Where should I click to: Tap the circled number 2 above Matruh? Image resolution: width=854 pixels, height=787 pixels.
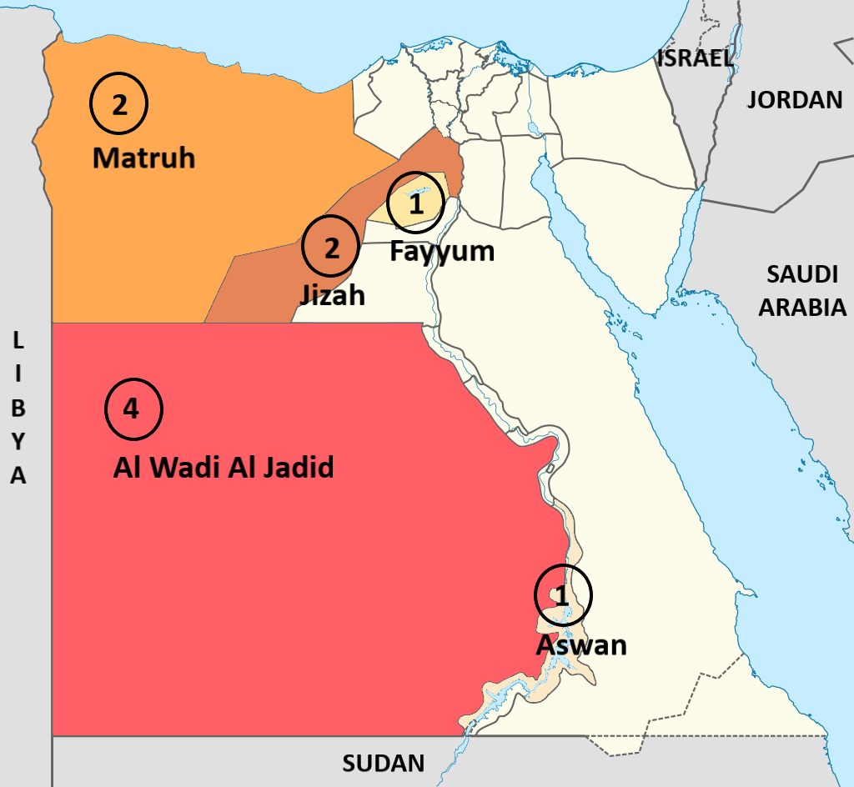[118, 105]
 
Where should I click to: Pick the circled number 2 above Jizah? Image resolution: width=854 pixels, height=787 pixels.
[332, 248]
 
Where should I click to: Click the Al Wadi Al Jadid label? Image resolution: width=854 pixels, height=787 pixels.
[224, 467]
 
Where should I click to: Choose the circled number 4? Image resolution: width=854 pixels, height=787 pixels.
[133, 409]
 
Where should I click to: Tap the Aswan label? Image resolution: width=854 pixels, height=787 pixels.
[580, 644]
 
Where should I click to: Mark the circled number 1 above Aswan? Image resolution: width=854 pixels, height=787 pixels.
[563, 595]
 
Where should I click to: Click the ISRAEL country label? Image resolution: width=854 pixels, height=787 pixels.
[695, 58]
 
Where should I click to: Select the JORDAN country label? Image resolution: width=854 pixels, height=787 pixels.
[794, 100]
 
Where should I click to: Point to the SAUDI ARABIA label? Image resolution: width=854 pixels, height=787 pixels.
[801, 290]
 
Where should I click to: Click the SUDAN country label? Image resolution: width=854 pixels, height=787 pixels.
[384, 763]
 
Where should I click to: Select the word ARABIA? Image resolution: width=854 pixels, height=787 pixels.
[801, 307]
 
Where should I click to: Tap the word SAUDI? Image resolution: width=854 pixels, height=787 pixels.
[801, 273]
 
